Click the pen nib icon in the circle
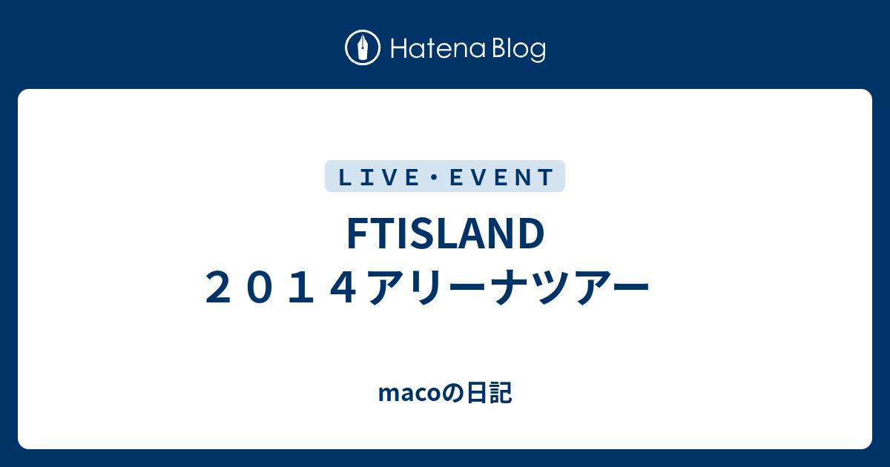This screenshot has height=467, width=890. point(363,47)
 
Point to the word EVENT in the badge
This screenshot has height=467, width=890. point(501,177)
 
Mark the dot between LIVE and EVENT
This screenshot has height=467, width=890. point(435,177)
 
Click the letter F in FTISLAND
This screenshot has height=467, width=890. point(357,233)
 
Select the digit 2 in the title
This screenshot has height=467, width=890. point(218,287)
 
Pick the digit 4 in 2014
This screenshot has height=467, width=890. point(343,287)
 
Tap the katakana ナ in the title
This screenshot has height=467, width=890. point(510,287)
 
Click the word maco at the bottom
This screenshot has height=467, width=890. point(409,394)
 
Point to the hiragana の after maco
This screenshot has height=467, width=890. point(453,394)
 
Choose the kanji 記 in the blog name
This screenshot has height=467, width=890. point(501,393)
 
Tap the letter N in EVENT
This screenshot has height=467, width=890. point(525,177)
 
